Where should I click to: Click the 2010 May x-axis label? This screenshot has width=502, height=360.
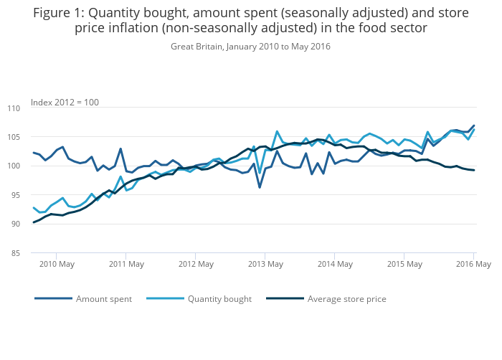57,264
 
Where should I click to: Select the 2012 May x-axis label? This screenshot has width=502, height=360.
196,264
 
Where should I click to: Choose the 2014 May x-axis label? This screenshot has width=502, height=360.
335,264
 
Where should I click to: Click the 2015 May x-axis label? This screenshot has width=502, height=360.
404,264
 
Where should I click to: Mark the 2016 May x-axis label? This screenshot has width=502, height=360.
473,264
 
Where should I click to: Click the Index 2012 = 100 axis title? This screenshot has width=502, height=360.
65,102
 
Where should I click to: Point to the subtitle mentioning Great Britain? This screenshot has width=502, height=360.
250,47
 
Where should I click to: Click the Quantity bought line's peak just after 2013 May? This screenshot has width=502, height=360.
277,131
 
